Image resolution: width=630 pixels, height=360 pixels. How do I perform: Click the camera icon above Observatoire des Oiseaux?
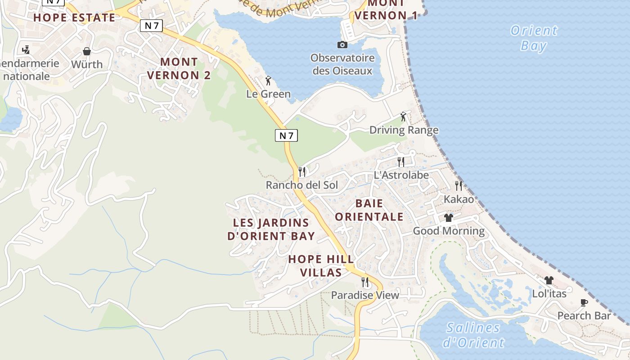(342, 45)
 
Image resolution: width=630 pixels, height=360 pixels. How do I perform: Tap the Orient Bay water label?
(534, 38)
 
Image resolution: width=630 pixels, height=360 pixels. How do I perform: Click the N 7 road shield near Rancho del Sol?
(286, 135)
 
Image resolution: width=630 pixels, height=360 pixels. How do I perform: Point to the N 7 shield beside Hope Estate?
(151, 26)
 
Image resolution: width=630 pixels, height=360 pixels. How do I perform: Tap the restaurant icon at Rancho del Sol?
(302, 171)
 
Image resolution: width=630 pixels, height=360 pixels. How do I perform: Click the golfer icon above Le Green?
(269, 81)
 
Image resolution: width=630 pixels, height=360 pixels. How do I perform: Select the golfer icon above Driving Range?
(404, 117)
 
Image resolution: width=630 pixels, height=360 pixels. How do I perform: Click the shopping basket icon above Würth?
(87, 51)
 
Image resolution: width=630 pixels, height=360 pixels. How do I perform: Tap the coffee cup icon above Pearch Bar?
(584, 302)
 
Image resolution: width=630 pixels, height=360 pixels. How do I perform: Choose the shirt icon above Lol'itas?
(549, 280)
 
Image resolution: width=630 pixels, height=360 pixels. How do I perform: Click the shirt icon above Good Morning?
(448, 218)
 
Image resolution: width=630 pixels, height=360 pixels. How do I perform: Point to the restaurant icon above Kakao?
(459, 185)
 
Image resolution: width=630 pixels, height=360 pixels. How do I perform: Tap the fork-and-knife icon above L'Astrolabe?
(401, 162)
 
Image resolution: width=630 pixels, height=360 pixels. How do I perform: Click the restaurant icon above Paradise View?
(365, 282)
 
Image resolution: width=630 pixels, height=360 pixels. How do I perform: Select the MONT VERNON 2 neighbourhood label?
(179, 68)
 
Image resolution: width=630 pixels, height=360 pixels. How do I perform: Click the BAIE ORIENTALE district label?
(369, 210)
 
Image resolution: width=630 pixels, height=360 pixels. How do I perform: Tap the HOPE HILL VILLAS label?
(321, 266)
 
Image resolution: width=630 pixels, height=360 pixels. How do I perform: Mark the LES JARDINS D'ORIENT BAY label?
(271, 229)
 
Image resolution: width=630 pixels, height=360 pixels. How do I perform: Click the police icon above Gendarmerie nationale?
(26, 49)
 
